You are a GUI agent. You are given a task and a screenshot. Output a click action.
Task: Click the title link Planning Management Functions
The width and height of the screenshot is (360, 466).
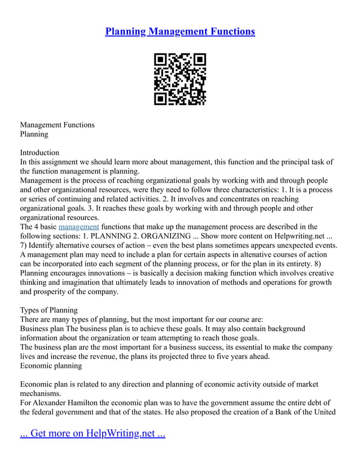pos(180,31)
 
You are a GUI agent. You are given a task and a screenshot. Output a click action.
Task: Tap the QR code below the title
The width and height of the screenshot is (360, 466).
pos(180,79)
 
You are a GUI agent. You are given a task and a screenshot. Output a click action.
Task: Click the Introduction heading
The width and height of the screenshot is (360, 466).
pos(39,152)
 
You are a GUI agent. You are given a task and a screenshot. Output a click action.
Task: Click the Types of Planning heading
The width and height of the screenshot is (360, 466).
pos(49,310)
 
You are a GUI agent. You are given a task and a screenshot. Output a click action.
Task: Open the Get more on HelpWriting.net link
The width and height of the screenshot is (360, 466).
pos(93,434)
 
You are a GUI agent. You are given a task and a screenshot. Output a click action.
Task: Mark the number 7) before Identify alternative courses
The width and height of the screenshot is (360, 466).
pos(24,245)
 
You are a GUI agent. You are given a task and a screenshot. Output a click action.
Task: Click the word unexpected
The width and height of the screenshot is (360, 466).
pos(289,245)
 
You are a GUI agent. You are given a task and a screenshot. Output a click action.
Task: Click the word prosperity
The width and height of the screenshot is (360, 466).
pos(52,292)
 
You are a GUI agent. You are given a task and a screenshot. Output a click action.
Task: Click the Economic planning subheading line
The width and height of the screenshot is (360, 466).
pos(51,366)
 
